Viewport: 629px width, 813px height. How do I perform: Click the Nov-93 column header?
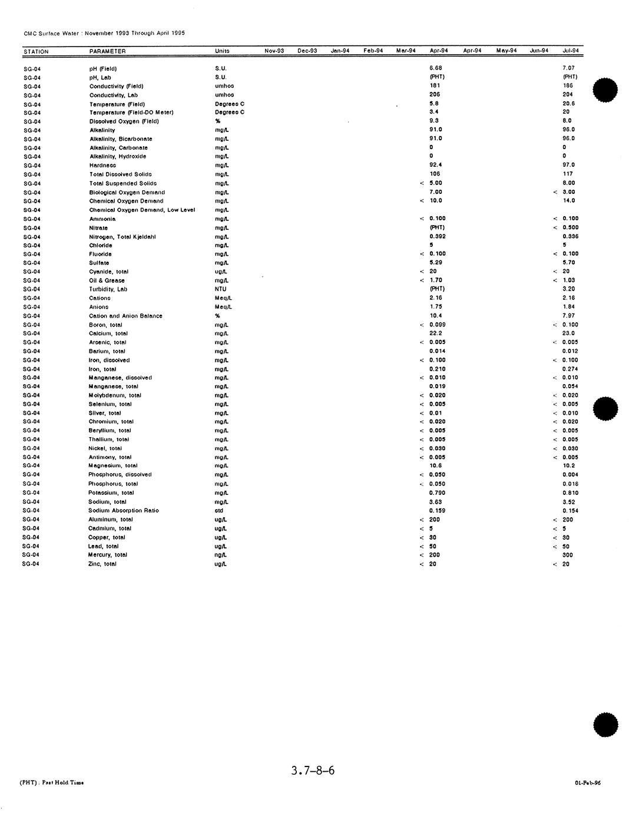coord(274,51)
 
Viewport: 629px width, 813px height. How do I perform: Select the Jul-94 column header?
coord(570,51)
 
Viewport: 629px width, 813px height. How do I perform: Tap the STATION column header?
coord(36,52)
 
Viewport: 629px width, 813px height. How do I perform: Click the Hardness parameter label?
coord(102,166)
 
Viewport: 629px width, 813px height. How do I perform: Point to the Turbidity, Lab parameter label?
coord(108,289)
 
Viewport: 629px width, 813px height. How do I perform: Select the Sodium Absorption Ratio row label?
coord(124,511)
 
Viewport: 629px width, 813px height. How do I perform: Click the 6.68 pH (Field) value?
coord(435,68)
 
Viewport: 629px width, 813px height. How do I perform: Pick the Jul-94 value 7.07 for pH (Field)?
coord(568,68)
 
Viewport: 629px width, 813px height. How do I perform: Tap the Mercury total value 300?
coord(568,555)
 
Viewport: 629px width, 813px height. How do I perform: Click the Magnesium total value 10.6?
coord(435,466)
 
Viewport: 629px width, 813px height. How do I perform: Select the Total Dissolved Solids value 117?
coord(568,174)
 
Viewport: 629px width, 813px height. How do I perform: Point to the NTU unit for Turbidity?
coord(220,289)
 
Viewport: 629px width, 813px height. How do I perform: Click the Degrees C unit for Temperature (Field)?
coord(230,104)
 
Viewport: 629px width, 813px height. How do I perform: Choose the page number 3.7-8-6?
coord(313,770)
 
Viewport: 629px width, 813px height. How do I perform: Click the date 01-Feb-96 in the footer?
coord(588,783)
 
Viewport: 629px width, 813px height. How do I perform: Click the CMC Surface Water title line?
coord(104,33)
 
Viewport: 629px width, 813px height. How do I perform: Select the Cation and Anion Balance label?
coord(125,316)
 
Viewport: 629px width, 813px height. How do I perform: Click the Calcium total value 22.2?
coord(435,333)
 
